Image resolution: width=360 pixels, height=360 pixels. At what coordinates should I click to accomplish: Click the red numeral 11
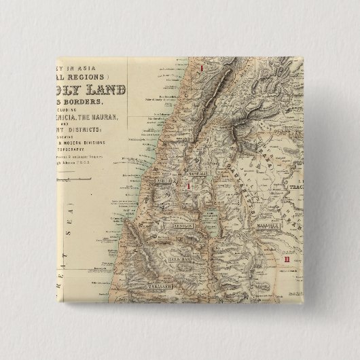click(288, 258)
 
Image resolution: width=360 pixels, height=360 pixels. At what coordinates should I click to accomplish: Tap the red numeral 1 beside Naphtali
click(187, 185)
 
